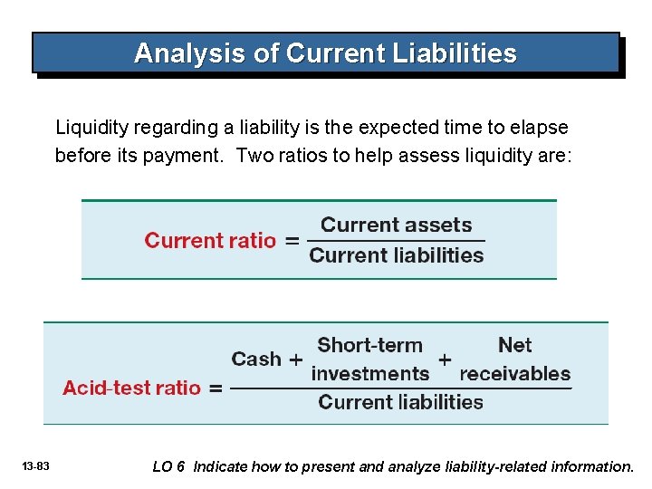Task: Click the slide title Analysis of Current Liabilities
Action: click(x=325, y=53)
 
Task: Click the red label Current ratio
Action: click(x=210, y=241)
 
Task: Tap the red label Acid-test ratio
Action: click(x=131, y=388)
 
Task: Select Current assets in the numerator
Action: click(x=397, y=225)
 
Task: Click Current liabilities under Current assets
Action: click(x=397, y=256)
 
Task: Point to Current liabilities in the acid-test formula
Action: click(x=400, y=402)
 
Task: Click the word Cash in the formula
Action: click(x=256, y=360)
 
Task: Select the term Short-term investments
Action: click(x=369, y=360)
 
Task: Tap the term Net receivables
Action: click(x=515, y=360)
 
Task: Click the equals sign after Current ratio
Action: click(x=292, y=241)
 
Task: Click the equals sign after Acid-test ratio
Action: click(x=216, y=388)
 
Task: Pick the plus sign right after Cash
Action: click(x=295, y=360)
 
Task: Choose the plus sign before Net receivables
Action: click(x=445, y=360)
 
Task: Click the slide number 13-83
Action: click(x=37, y=466)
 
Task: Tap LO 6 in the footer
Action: click(x=168, y=467)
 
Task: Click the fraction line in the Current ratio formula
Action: click(x=397, y=241)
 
